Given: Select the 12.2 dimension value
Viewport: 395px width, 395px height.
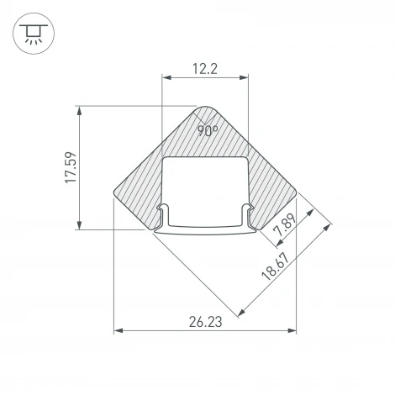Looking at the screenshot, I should pyautogui.click(x=205, y=69).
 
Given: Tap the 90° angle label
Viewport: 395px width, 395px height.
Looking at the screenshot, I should pyautogui.click(x=207, y=130).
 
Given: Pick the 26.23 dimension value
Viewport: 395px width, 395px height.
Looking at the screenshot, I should pyautogui.click(x=205, y=320).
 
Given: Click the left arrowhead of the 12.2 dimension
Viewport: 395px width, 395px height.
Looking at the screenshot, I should pyautogui.click(x=165, y=79).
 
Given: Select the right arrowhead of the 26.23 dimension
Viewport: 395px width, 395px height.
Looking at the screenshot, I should pyautogui.click(x=294, y=330).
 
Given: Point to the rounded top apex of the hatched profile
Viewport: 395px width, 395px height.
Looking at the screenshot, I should pyautogui.click(x=206, y=108).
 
